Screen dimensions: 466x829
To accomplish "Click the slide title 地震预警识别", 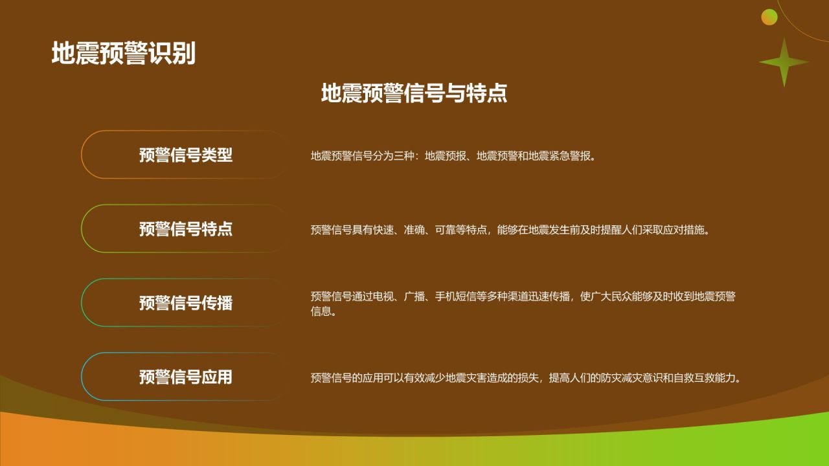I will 123,54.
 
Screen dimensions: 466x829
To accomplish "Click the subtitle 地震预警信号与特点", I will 414,93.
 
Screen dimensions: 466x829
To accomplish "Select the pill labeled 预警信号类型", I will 185,155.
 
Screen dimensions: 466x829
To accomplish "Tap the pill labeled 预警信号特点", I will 185,229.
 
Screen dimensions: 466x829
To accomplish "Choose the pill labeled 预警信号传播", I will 185,303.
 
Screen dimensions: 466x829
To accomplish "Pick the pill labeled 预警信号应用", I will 185,377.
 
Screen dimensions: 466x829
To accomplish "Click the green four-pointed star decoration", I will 784,62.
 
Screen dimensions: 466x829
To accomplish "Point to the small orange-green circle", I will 769,17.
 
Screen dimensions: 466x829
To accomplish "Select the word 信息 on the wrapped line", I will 321,311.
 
